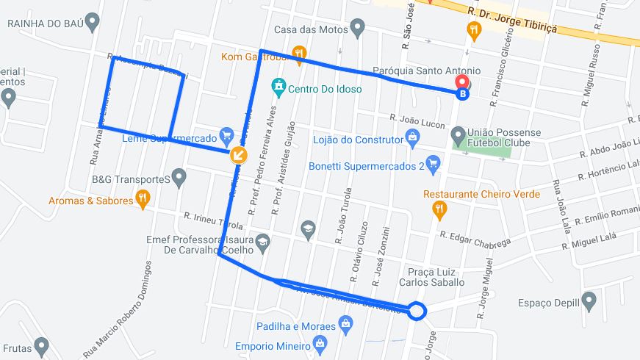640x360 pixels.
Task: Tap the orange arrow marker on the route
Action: [238, 154]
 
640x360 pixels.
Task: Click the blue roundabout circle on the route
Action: [417, 312]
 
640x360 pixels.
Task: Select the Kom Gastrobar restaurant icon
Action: [299, 53]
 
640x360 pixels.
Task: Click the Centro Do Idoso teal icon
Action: [278, 89]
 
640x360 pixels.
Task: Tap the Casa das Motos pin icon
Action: [358, 29]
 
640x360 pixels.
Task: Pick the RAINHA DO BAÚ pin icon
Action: [92, 22]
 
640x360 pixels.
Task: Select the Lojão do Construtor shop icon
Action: [413, 137]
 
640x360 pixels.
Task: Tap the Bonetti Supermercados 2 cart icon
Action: [433, 164]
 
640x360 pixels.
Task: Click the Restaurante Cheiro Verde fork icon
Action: [439, 211]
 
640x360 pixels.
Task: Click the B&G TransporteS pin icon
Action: [179, 177]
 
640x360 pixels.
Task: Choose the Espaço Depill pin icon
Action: [588, 300]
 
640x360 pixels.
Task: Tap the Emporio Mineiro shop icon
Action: [319, 343]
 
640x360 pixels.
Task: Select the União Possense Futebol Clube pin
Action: [459, 135]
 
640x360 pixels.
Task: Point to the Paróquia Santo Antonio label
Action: [427, 71]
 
